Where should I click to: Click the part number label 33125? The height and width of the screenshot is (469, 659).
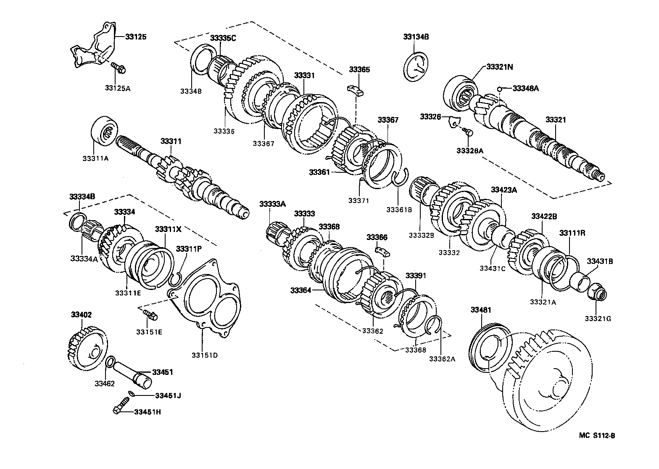click(136, 37)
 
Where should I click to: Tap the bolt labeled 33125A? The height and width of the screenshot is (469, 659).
click(117, 67)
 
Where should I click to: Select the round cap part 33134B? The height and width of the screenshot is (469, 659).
click(416, 66)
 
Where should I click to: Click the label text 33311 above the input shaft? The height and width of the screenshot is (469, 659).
click(170, 141)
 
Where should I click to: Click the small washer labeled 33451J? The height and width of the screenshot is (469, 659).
click(132, 394)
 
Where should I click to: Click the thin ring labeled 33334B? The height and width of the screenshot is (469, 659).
click(77, 221)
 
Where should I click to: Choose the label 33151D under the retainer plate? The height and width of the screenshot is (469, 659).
click(205, 355)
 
